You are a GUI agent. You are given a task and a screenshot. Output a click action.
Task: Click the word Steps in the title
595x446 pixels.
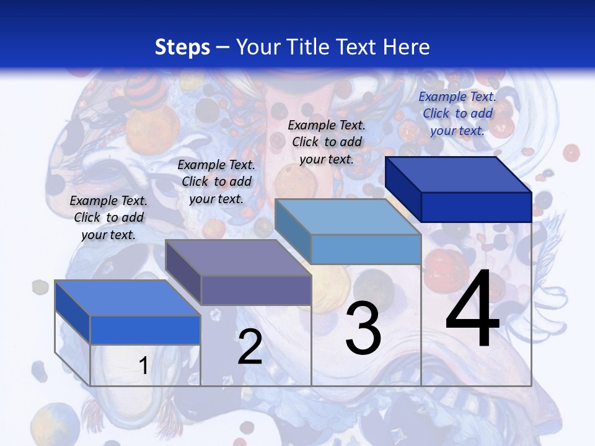pos(182,47)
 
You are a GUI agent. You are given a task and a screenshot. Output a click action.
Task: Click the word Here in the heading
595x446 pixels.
pos(406,47)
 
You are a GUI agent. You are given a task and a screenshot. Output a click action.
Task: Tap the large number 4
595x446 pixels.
pos(472,310)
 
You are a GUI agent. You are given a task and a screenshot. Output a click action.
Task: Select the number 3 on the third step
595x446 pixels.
pos(363,328)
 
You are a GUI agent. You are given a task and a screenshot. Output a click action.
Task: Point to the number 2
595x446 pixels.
pos(250,347)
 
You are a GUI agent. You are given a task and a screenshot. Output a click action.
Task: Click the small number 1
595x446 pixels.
pos(143,365)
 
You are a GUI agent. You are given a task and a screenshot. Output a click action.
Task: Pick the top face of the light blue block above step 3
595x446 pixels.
pos(348,217)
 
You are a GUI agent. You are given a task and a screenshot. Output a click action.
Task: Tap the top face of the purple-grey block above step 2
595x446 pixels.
pos(238,258)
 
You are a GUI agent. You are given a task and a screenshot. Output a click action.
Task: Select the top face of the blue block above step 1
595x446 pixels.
pos(128,298)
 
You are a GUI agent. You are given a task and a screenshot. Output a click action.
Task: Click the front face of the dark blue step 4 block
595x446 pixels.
pos(476,207)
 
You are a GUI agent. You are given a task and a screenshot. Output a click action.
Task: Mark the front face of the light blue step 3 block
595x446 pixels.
pos(366,250)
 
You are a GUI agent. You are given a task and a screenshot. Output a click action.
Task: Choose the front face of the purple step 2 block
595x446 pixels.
pos(256,290)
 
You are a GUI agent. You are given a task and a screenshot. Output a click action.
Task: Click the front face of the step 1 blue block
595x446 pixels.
pos(146,330)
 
